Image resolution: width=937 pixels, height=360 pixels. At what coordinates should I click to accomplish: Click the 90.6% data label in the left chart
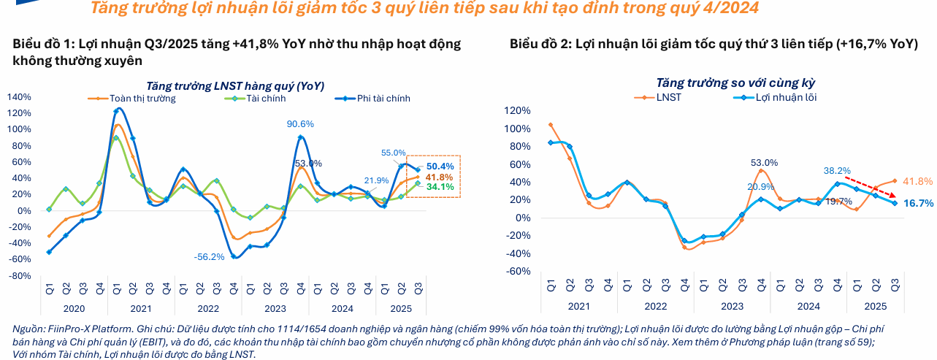pyautogui.click(x=300, y=124)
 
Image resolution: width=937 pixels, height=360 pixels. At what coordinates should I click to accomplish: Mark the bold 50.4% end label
pyautogui.click(x=440, y=166)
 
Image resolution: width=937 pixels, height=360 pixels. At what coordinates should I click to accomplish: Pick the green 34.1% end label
pyautogui.click(x=440, y=187)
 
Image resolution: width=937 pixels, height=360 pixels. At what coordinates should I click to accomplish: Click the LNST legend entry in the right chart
pyautogui.click(x=668, y=97)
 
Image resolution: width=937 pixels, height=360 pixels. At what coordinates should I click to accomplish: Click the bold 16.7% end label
pyautogui.click(x=918, y=203)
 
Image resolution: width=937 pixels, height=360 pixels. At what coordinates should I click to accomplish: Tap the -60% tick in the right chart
pyautogui.click(x=516, y=271)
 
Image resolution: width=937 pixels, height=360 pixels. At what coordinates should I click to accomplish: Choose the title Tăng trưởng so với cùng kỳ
pyautogui.click(x=735, y=83)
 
